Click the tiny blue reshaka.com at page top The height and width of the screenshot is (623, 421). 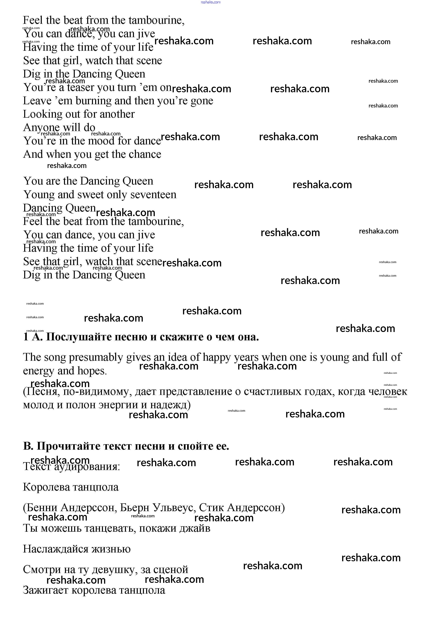click(210, 2)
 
